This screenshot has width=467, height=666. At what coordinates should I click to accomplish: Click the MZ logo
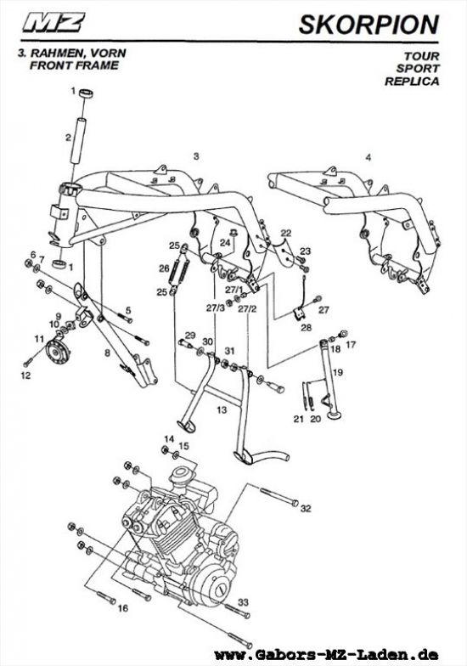coord(54,22)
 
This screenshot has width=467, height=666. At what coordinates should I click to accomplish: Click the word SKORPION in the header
coord(369,24)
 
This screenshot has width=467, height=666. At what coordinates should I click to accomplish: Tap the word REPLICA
coord(412,82)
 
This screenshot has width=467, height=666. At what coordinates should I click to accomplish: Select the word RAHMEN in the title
coord(54,54)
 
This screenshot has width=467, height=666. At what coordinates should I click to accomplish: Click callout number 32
coord(306,508)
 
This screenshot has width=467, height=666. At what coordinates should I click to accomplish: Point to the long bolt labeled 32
coord(279,498)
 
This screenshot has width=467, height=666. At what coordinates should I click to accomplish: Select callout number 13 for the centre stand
coord(222,409)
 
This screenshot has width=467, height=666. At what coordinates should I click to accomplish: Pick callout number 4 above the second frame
coord(369,158)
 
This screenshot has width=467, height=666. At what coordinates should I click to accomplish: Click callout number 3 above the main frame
coord(195,156)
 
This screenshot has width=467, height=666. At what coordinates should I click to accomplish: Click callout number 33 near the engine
coord(243,601)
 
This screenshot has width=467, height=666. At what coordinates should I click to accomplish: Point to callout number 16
coord(122,608)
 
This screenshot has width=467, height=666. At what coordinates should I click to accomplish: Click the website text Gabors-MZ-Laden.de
coord(326,654)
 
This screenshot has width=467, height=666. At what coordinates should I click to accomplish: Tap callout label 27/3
coord(216,308)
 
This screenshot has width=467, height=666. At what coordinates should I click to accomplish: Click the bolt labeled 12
coord(29,362)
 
